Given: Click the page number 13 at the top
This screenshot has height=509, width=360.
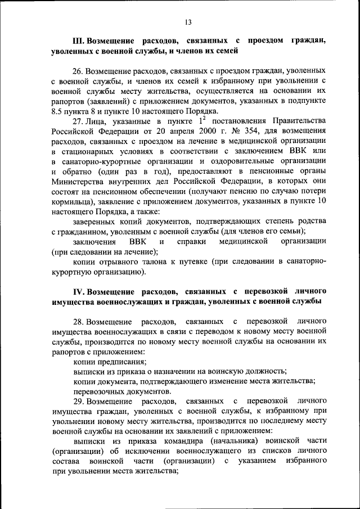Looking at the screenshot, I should click(x=188, y=22).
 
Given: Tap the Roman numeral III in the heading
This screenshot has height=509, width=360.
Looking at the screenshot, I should click(x=78, y=41).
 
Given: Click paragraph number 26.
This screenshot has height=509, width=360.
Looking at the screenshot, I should click(x=78, y=71).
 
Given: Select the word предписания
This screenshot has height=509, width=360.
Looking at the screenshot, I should click(x=121, y=362).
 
